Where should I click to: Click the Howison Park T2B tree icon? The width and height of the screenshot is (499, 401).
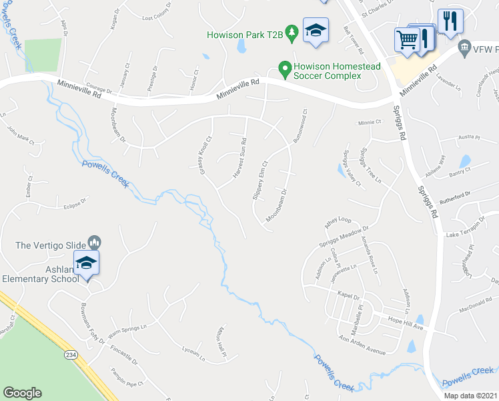291,32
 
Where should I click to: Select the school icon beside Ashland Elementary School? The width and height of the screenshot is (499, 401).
86,263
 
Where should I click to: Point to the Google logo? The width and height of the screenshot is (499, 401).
22,393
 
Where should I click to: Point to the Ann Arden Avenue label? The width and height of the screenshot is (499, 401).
362,345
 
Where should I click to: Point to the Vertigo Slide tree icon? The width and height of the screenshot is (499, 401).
94,241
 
